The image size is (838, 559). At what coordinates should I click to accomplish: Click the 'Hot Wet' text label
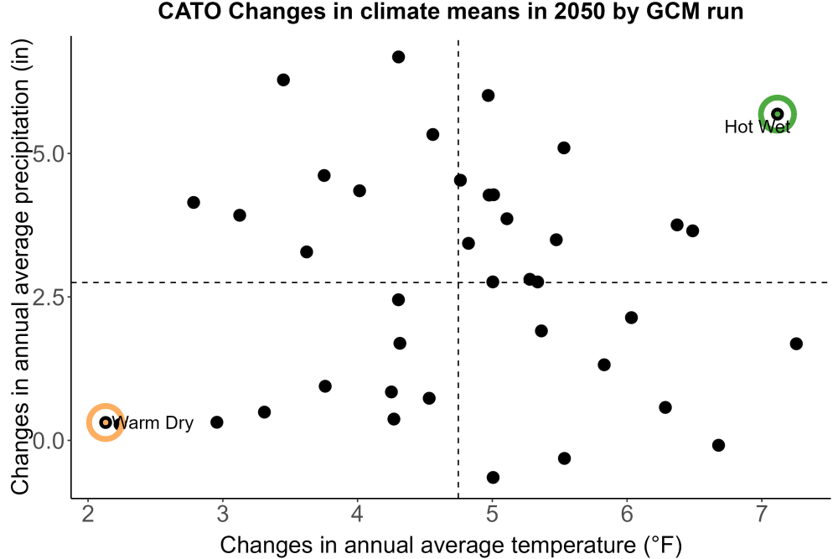[758, 127]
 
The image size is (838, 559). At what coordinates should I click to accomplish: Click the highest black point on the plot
[398, 57]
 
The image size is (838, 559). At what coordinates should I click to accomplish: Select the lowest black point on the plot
[493, 477]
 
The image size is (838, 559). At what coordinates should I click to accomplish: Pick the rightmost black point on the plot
[796, 344]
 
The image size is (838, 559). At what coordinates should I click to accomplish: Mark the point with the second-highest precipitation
[283, 80]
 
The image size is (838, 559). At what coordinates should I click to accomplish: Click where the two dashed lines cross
[458, 282]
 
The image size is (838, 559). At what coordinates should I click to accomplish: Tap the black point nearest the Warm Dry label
[106, 422]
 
